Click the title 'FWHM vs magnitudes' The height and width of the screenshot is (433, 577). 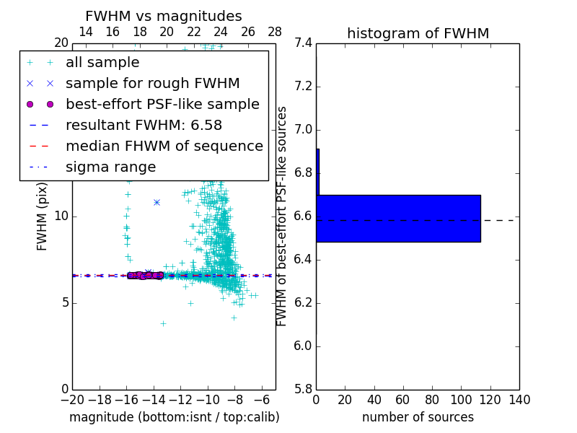tap(163, 17)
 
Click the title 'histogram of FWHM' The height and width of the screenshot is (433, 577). tap(418, 33)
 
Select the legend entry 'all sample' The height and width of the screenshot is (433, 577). tap(102, 63)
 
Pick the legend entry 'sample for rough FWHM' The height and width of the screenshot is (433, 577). tap(152, 84)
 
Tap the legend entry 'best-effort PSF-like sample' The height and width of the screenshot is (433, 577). tap(162, 105)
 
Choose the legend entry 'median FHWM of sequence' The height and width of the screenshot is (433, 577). tap(164, 146)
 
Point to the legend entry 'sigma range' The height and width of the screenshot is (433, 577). tap(110, 167)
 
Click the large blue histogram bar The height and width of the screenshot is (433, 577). tap(398, 218)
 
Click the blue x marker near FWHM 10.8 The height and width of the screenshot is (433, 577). tap(157, 202)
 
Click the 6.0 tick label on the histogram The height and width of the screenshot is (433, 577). tap(302, 346)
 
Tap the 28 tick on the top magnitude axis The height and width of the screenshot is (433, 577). tap(275, 32)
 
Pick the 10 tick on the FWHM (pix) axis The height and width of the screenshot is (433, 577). tap(61, 216)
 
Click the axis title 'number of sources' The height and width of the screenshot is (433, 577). tap(418, 417)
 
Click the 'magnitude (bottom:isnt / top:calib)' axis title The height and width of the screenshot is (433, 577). tap(174, 417)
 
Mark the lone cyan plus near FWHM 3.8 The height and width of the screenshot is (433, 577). tap(163, 323)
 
